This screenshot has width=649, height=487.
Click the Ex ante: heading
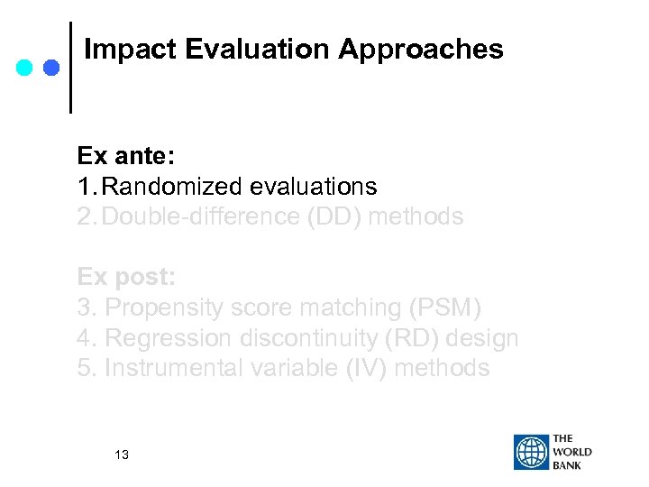click(126, 156)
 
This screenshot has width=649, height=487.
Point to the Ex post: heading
click(125, 277)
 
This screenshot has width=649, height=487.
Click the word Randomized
click(178, 187)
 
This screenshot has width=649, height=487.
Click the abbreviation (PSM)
click(445, 308)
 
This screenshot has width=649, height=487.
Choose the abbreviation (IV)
click(362, 368)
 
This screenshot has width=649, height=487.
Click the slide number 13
click(122, 455)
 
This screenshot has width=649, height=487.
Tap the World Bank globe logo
click(531, 452)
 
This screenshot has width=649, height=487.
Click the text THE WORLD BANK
click(572, 452)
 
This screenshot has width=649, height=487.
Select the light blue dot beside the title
click(25, 68)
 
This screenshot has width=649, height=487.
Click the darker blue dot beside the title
click(51, 68)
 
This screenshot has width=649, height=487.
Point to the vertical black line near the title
click(71, 68)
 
